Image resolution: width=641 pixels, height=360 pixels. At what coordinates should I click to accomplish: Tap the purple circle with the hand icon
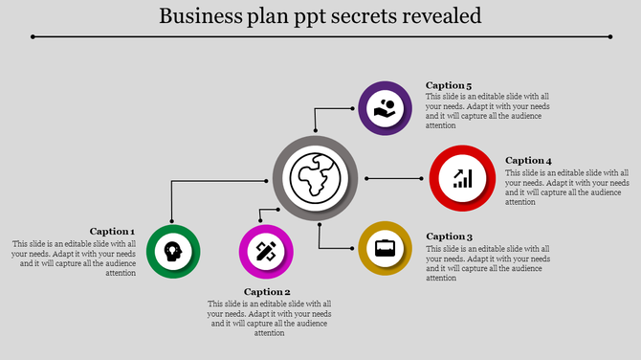(385, 108)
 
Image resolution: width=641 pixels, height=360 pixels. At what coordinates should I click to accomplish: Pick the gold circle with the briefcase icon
(385, 248)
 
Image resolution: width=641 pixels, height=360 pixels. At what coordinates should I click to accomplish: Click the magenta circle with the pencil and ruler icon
(266, 252)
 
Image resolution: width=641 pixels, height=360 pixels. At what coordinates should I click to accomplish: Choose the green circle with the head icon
(173, 252)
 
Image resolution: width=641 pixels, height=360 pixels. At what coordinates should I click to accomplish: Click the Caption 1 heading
(112, 231)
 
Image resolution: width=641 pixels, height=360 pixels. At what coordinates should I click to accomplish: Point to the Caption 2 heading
(267, 292)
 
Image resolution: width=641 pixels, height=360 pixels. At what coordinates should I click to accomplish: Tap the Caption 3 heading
(450, 236)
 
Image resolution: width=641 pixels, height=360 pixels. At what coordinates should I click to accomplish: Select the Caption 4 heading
(528, 161)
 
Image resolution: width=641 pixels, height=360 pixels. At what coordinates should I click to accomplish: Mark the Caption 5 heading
(449, 85)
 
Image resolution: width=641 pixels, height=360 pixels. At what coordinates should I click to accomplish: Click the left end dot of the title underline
(33, 37)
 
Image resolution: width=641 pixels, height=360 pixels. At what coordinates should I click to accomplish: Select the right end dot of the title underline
(610, 37)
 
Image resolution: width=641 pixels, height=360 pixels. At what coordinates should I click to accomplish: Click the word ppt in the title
(305, 18)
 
